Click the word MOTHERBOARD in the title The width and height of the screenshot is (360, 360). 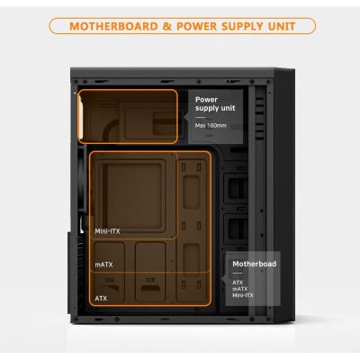click(113, 26)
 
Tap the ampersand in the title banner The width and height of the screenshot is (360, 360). click(167, 26)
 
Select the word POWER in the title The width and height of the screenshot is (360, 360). click(196, 26)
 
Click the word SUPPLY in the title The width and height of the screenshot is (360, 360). click(242, 26)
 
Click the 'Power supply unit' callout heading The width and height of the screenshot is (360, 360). click(215, 103)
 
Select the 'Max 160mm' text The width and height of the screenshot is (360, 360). click(211, 125)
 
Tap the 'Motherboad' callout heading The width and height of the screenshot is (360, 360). click(255, 264)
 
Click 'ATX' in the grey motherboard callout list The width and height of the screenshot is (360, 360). click(238, 283)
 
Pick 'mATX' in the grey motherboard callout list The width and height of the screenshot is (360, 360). click(240, 289)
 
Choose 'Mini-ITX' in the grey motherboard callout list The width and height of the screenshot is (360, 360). click(243, 295)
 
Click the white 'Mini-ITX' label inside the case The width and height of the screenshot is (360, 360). click(107, 231)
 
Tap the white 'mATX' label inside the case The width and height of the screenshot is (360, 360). click(103, 265)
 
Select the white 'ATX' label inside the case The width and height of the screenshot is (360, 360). click(101, 299)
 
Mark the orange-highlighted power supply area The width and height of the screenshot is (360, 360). click(128, 116)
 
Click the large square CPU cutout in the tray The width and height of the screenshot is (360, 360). click(134, 195)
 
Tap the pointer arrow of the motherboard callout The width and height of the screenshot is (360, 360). click(223, 279)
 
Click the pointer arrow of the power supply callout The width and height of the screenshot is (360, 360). click(185, 117)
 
